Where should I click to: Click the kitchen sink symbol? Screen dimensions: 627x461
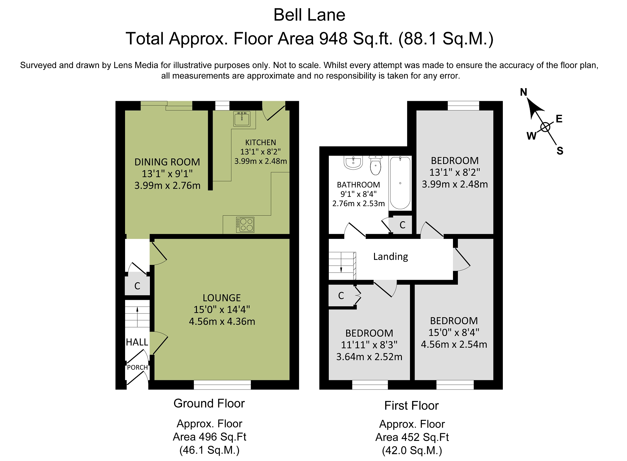(242, 119)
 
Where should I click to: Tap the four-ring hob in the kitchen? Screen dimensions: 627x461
(245, 225)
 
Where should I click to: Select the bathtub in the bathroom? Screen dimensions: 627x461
(400, 183)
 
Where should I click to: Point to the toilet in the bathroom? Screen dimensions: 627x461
(376, 165)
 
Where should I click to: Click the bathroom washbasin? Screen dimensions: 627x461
(353, 162)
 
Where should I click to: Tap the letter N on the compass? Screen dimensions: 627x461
(524, 92)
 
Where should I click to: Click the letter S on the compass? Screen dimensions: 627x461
(560, 151)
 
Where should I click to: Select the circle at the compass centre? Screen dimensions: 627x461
(545, 127)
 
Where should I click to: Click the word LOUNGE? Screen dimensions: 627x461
(222, 298)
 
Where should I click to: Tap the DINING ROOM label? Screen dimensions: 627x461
(167, 162)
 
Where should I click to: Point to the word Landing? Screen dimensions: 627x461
(390, 256)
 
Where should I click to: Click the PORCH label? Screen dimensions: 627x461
(137, 367)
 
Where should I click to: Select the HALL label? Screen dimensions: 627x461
(137, 342)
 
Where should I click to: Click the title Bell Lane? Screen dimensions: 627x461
(309, 15)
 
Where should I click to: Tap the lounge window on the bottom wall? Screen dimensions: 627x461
(222, 385)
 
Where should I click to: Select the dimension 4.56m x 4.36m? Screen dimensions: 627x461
(222, 321)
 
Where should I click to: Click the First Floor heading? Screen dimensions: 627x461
(411, 406)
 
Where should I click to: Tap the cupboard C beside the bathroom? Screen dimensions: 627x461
(402, 225)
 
